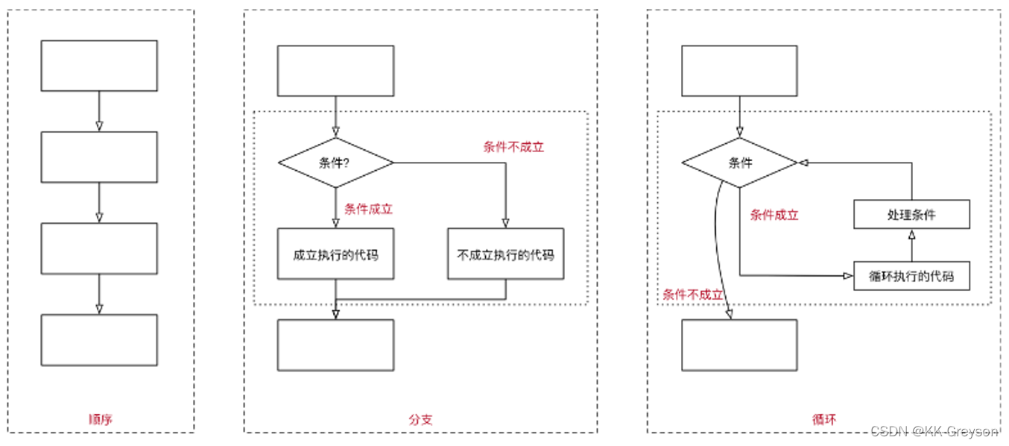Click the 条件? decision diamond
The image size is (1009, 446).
[335, 163]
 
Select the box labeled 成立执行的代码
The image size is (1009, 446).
[335, 254]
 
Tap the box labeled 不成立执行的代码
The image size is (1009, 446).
[505, 254]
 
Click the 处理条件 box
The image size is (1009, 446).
[911, 215]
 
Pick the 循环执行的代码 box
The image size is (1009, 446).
[911, 276]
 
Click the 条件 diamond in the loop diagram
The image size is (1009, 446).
[740, 163]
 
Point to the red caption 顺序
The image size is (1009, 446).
[100, 418]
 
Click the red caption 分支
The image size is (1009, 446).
[420, 418]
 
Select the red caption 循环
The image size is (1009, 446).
[824, 418]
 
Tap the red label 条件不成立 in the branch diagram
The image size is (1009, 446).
[513, 147]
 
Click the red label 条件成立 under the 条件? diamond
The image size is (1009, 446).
[368, 209]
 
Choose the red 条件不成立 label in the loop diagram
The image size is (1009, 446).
[693, 295]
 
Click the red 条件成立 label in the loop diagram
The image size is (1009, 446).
[774, 215]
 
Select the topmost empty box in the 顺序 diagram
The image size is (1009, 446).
[99, 66]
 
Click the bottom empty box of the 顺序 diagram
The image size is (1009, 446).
[99, 340]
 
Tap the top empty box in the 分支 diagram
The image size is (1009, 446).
[335, 71]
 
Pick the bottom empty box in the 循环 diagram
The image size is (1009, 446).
[739, 345]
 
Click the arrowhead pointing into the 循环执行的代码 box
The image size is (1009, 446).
[848, 276]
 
